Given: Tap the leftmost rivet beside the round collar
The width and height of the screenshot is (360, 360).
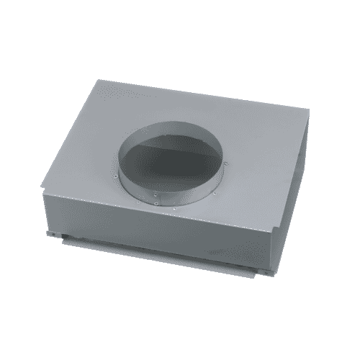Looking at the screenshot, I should click(x=117, y=176).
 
